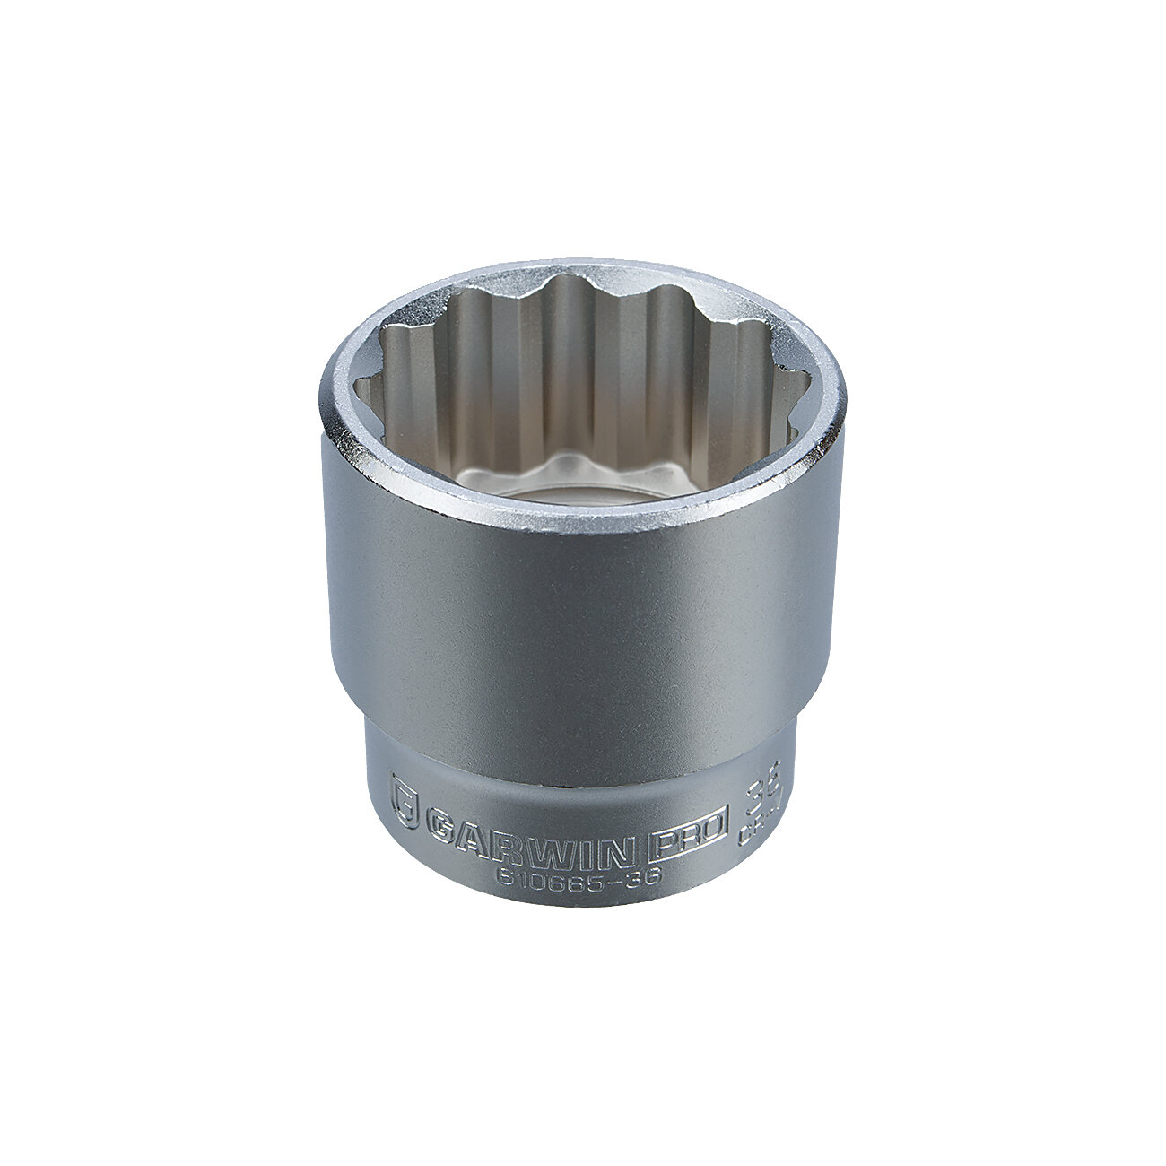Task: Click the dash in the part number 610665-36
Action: tap(624, 880)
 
